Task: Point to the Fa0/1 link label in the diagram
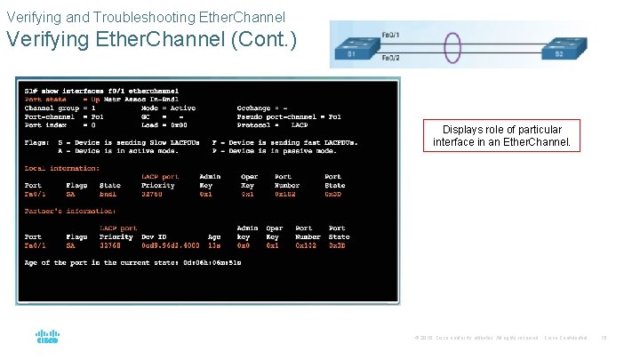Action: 388,35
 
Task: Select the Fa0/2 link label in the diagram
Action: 388,59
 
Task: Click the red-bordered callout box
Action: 501,136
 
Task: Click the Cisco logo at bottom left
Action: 47,338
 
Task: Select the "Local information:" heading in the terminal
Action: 62,168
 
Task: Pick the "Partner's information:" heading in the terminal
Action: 69,211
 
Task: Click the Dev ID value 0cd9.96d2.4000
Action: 170,245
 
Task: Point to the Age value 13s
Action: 213,245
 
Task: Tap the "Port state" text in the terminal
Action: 44,100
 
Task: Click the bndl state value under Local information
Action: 108,194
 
